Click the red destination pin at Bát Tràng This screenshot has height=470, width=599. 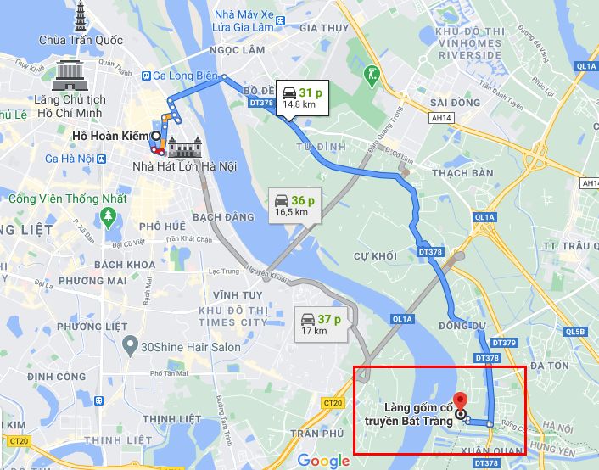[x=459, y=401]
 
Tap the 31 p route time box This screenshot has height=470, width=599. [x=301, y=97]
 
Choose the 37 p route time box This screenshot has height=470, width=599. [x=320, y=324]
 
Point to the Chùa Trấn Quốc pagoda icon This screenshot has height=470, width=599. [x=81, y=17]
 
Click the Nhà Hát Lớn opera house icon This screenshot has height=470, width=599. [x=183, y=148]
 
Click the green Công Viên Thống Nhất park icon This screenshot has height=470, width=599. [x=107, y=216]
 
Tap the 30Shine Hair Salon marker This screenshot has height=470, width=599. [x=129, y=346]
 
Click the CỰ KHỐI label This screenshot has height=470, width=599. [x=375, y=256]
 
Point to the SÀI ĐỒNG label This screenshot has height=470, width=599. [x=451, y=103]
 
